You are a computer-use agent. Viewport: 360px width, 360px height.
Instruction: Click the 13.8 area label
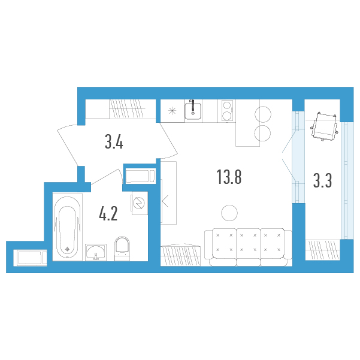point(229,177)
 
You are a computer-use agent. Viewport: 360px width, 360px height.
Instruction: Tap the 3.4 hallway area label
point(114,141)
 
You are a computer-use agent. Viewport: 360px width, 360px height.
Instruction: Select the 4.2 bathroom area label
point(108,213)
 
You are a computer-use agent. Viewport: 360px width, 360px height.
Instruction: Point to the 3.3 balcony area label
point(323,180)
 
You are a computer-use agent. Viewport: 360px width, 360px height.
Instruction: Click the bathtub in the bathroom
point(68,227)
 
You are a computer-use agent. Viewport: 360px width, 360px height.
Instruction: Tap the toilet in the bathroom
point(122,249)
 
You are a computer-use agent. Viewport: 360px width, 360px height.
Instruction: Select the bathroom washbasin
point(96,252)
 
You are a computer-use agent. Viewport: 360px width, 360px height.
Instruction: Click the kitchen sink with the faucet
point(193,110)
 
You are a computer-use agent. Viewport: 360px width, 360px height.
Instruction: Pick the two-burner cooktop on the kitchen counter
point(227,110)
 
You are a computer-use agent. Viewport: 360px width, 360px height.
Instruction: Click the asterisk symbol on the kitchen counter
point(172,111)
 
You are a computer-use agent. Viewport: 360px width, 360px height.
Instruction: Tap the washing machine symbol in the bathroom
point(139,203)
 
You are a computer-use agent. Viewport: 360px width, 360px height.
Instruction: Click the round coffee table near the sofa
point(229,213)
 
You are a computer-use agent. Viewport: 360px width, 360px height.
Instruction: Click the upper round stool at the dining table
point(263,114)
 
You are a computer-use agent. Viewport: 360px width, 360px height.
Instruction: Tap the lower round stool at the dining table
point(262,133)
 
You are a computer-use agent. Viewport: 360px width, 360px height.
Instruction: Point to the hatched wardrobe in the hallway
point(127,109)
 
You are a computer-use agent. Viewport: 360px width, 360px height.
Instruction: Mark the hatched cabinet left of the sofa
point(180,255)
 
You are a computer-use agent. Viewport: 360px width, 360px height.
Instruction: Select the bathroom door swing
point(107,177)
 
